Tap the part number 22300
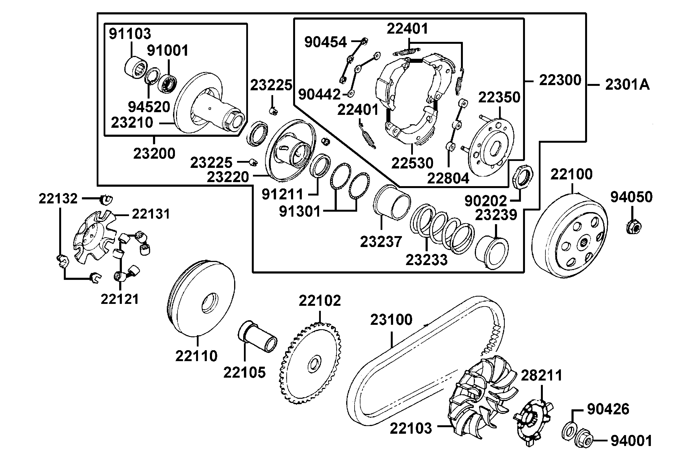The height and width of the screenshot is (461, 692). click(560, 80)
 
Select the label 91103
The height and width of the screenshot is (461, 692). click(130, 34)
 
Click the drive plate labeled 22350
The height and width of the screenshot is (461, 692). click(491, 147)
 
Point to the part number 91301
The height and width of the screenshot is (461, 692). click(299, 211)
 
